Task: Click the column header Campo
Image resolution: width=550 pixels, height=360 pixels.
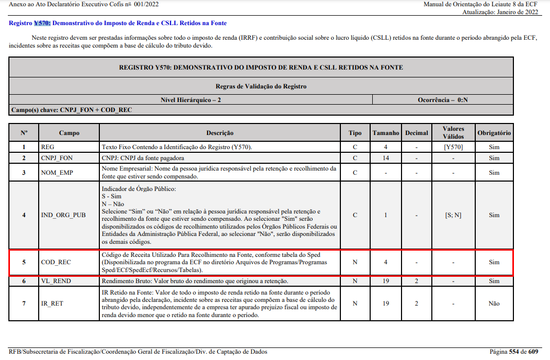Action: (x=69, y=133)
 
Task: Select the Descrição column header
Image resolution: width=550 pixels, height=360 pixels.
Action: (x=220, y=133)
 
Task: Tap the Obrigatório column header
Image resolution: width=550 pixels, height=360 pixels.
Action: (x=494, y=133)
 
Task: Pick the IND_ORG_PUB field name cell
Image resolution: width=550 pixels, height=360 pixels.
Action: (x=63, y=215)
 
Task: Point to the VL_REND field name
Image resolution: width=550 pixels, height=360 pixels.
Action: (x=56, y=281)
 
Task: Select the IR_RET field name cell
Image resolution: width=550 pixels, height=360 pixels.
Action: (x=52, y=303)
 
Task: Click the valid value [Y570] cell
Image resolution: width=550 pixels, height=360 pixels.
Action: (x=453, y=147)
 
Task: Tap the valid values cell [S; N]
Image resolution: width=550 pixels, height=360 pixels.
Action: (x=453, y=215)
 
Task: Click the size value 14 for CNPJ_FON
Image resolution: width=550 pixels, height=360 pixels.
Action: (x=385, y=158)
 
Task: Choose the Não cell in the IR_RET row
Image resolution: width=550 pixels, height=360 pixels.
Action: (x=494, y=303)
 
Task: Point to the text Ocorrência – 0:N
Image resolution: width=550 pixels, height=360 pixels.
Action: (x=442, y=99)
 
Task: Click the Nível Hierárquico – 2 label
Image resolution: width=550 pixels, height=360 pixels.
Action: (x=190, y=99)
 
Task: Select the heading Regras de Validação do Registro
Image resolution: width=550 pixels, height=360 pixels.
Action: (x=261, y=86)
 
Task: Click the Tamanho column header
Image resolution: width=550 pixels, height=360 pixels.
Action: (x=386, y=133)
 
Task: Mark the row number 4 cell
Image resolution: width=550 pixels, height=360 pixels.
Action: (x=24, y=215)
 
